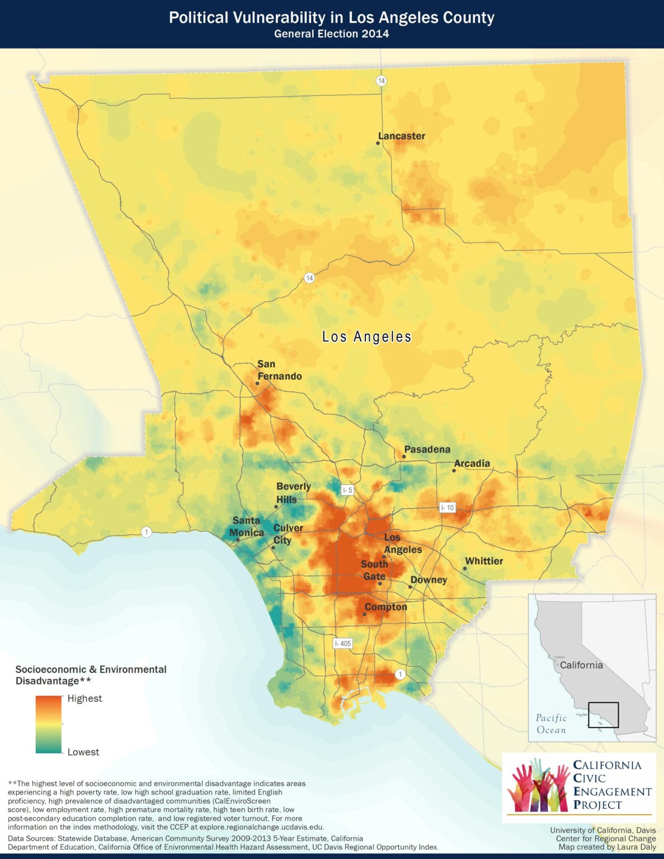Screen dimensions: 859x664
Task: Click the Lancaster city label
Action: tap(402, 136)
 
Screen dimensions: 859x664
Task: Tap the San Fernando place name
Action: tap(279, 370)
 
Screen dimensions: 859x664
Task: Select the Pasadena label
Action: tap(427, 449)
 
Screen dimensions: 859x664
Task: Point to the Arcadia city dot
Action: tap(454, 470)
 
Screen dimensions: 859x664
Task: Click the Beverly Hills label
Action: tap(293, 493)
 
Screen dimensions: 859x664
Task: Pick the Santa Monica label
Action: tap(246, 526)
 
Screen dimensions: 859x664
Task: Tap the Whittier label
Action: tap(484, 561)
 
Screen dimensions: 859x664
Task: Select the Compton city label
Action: tap(385, 607)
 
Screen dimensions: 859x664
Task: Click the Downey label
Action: tap(428, 580)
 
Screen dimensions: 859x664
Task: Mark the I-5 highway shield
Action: tap(347, 490)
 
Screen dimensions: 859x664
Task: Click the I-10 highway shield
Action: tap(447, 507)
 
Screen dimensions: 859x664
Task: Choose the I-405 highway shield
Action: tap(342, 643)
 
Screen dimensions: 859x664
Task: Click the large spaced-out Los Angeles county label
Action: tap(366, 337)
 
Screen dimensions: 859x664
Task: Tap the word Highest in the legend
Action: tap(84, 698)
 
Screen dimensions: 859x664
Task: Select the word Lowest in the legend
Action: tap(83, 752)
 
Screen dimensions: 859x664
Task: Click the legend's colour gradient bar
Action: tap(48, 725)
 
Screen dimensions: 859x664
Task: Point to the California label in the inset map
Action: tap(581, 665)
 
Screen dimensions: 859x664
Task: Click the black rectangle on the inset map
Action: tap(603, 715)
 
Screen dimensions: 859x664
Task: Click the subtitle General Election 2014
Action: tap(331, 34)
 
